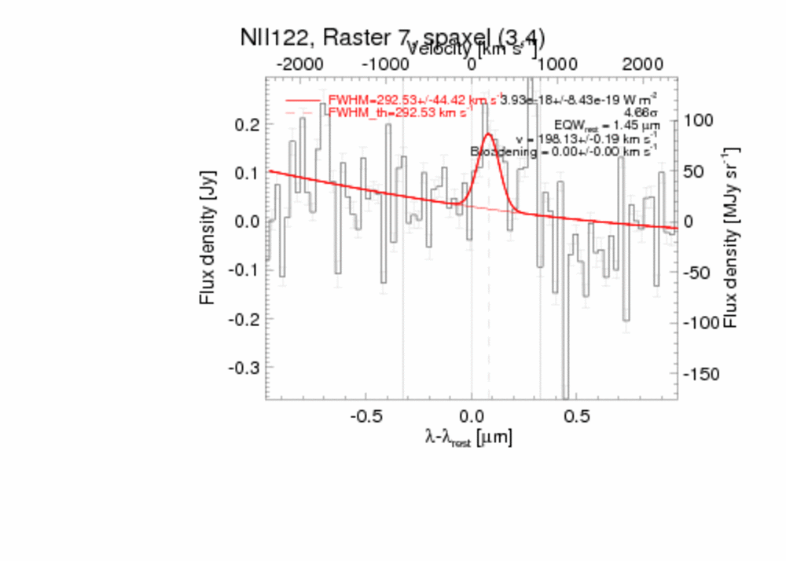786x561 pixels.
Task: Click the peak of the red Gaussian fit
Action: pos(488,134)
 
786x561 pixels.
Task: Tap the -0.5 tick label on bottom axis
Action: pos(365,415)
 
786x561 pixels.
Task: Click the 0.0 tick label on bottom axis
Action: pos(472,415)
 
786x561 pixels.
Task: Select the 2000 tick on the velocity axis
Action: pos(641,64)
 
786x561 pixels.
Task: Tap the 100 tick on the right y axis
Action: pos(698,120)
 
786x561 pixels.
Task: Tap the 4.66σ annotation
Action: pos(643,112)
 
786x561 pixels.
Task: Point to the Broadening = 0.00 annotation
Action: pos(564,151)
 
